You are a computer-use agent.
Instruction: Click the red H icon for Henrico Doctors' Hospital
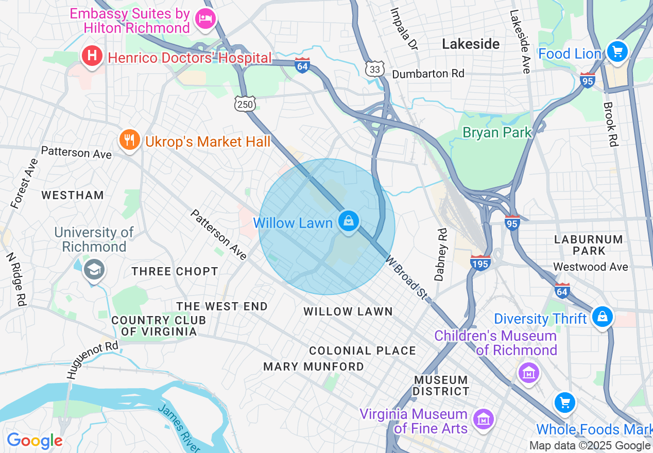click(92, 56)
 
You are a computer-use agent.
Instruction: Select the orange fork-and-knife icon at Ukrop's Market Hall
click(129, 140)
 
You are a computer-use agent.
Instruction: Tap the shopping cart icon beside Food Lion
click(617, 52)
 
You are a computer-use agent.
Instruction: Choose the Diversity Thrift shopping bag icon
click(602, 317)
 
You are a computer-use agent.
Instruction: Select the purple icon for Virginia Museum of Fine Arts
click(484, 419)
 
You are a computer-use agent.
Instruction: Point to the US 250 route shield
click(245, 104)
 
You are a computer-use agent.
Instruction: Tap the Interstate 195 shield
click(480, 263)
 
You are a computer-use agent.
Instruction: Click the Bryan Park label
click(497, 132)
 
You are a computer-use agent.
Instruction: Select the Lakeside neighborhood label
click(471, 44)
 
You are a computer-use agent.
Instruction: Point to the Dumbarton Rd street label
click(428, 74)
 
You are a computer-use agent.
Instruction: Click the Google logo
click(35, 440)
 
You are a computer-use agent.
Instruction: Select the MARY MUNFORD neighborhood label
click(314, 367)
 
